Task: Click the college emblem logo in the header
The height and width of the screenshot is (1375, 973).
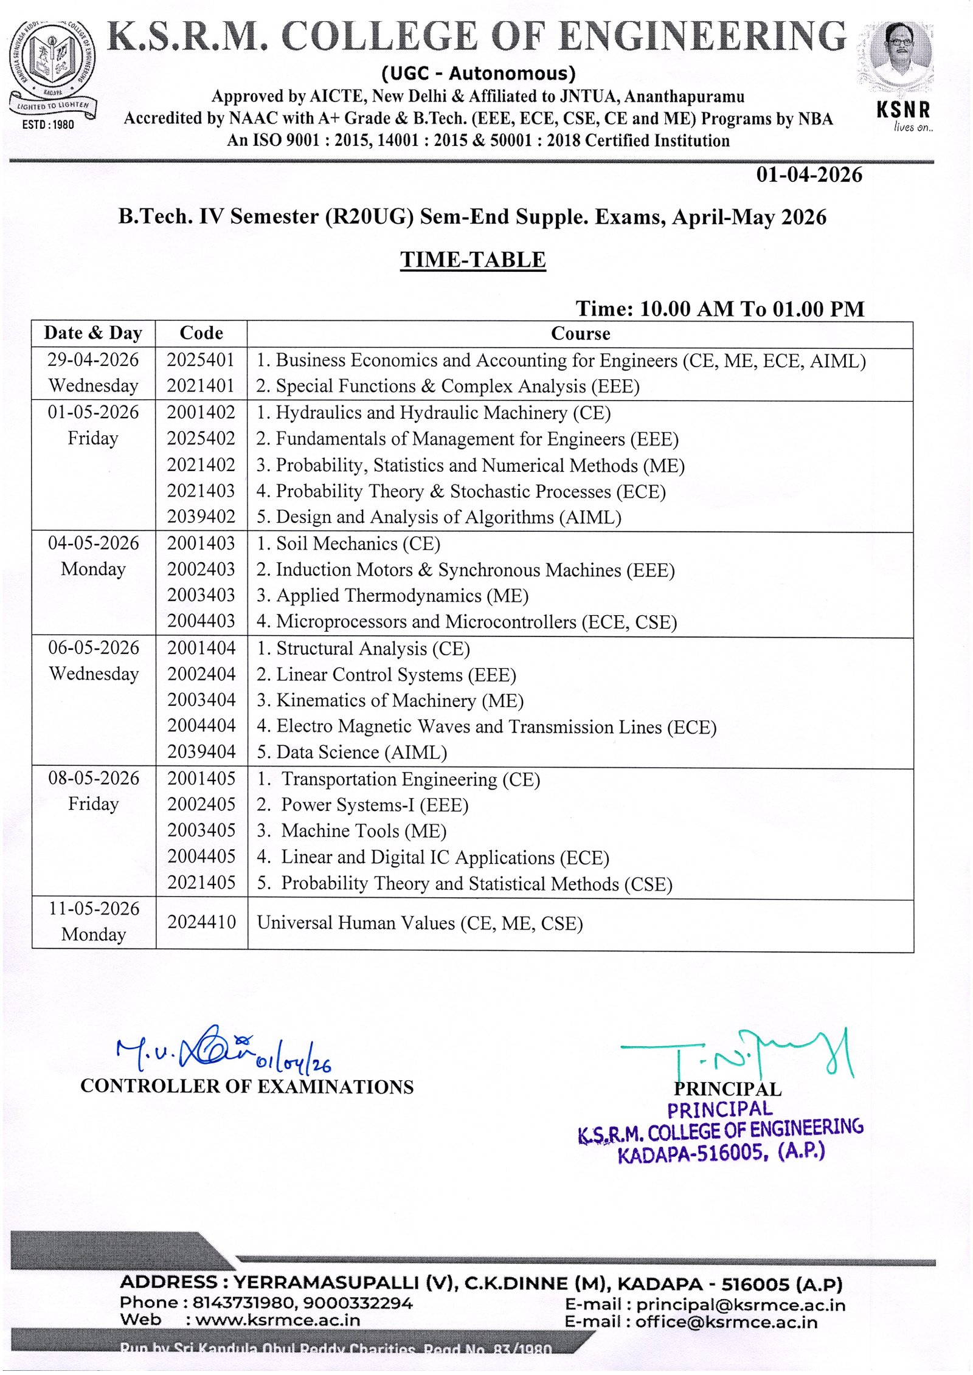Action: tap(52, 64)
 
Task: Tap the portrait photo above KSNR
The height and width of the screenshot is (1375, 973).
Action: tap(900, 55)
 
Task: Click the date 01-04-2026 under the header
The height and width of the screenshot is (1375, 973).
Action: tap(809, 175)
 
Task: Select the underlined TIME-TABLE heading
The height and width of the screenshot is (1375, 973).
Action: tap(473, 260)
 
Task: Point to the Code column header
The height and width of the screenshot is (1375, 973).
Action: tap(201, 333)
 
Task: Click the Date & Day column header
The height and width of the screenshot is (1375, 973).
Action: tap(93, 333)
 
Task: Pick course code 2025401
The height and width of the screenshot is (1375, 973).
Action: tap(201, 360)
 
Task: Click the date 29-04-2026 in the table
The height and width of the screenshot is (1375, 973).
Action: tap(93, 360)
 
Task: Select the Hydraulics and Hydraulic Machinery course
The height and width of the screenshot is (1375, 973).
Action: tap(433, 413)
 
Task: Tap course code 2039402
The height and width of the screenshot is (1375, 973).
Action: tap(201, 517)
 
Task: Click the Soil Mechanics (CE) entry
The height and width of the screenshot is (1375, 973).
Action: tap(348, 543)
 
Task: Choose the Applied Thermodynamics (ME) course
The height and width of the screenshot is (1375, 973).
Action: tap(392, 596)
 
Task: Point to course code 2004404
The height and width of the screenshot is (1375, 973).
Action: tap(201, 726)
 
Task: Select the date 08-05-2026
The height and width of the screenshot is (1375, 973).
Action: tap(94, 779)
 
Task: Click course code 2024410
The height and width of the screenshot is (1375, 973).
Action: tap(201, 923)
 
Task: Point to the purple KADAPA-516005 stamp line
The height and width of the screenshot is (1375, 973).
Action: tap(721, 1153)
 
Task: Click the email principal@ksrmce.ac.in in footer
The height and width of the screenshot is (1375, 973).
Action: tap(741, 1305)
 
